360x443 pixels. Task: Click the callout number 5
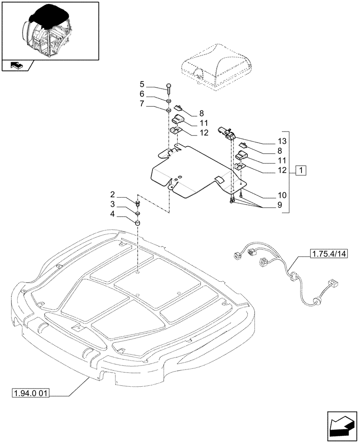[142, 84]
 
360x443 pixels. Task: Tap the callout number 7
[142, 104]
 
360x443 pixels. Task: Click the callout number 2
[113, 194]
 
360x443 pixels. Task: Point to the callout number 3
[113, 204]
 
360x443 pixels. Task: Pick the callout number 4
[113, 214]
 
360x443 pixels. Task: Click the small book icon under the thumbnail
[16, 66]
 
